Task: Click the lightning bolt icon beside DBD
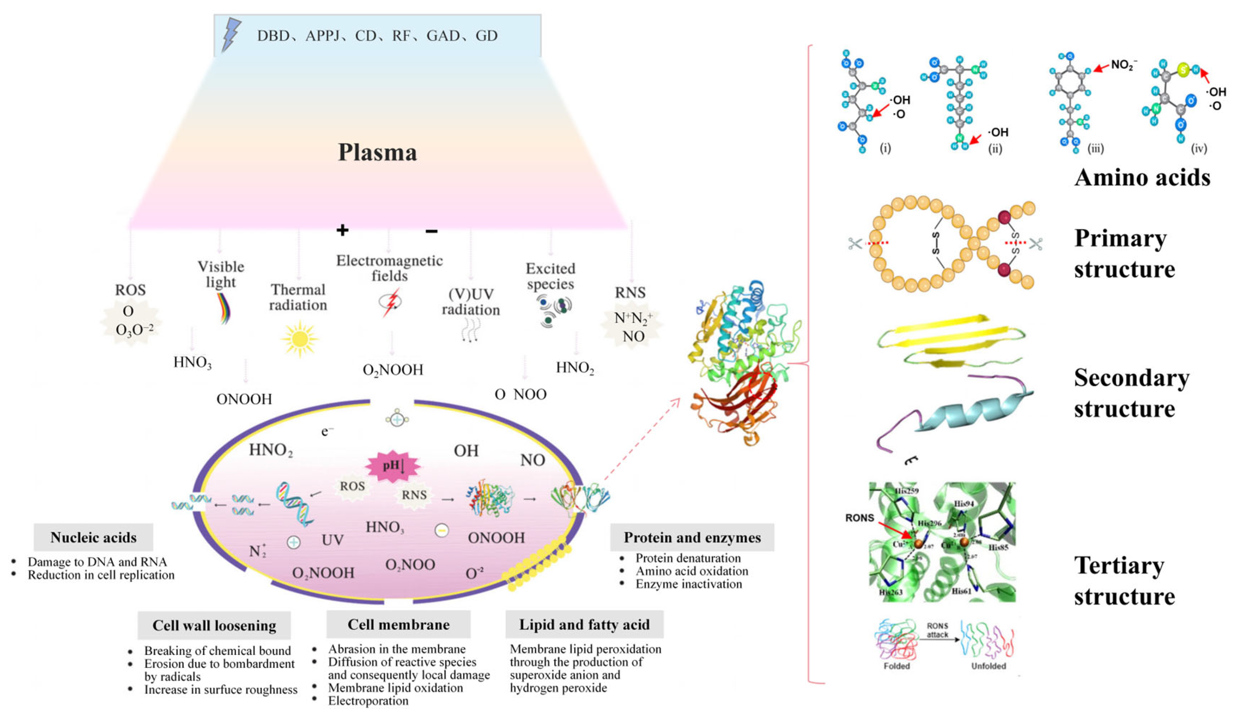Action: point(231,34)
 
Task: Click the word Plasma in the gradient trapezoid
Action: point(377,152)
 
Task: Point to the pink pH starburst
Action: point(393,464)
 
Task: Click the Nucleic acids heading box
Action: point(93,537)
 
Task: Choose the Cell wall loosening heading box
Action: point(214,625)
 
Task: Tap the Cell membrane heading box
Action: point(399,624)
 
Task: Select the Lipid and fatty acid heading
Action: point(584,624)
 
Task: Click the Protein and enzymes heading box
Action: point(692,537)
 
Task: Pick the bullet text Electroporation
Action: point(368,701)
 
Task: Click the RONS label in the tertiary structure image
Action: point(860,518)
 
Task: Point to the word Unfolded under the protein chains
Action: point(988,666)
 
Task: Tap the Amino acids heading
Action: point(1142,178)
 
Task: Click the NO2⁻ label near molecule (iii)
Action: point(1124,65)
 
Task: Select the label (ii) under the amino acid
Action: point(995,148)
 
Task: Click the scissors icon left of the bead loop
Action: point(855,243)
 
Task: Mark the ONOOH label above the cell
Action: point(244,399)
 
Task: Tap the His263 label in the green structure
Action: point(890,592)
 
